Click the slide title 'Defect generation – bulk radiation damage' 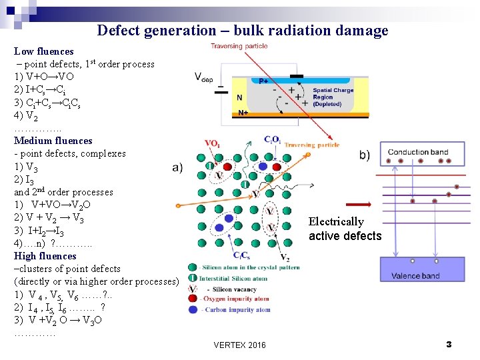coord(242,30)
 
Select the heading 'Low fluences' coord(44,51)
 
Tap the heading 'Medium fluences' coord(53,141)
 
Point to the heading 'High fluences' coord(45,256)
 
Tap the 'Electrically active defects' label coord(345,229)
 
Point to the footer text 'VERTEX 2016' coord(239,345)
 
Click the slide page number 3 coord(449,344)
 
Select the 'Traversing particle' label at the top coord(239,46)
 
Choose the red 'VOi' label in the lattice coord(213,143)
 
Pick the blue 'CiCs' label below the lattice coord(241,255)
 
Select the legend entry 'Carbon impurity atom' coord(236,309)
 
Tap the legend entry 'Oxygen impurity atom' coord(236,299)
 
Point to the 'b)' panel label coord(365,155)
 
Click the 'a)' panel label coord(177,167)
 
